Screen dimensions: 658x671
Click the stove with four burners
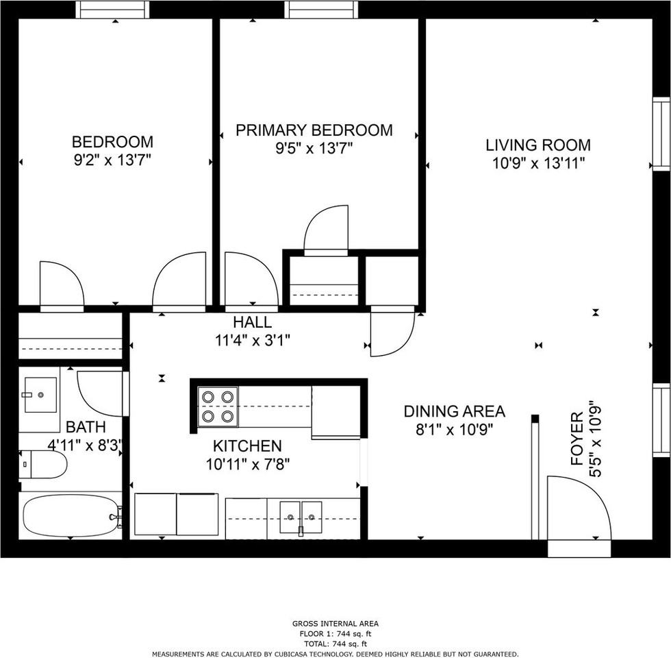218,406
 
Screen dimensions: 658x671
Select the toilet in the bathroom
43,465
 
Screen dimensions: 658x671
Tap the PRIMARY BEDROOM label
314,130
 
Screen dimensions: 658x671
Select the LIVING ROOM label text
537,145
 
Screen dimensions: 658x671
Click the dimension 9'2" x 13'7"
112,160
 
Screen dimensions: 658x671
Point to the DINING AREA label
454,411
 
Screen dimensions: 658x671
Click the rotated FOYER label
577,439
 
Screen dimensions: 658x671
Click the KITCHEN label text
247,446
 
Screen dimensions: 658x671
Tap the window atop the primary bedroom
321,10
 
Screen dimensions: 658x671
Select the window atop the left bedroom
112,10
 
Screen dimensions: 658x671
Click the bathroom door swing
101,393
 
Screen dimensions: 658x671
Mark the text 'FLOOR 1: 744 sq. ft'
335,634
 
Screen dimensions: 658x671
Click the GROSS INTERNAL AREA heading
335,624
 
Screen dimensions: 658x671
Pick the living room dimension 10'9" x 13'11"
537,163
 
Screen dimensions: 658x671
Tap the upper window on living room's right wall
661,134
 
